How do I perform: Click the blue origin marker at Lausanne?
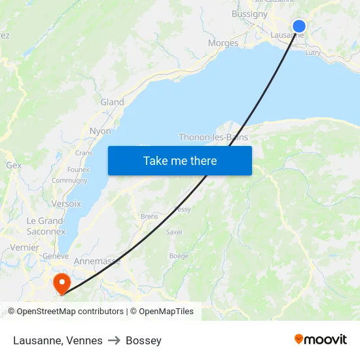pos(298,26)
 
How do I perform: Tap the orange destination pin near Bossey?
pos(62,283)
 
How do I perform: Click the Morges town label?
pos(223,43)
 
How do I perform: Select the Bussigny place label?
pos(249,14)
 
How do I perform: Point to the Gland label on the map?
pos(112,102)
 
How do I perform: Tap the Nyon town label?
pos(100,131)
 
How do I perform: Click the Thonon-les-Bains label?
pos(213,137)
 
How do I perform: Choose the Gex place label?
pos(14,166)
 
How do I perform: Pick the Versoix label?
pos(66,204)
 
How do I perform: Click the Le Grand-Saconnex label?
pos(46,226)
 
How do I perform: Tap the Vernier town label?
pos(24,247)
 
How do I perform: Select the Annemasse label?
pos(97,261)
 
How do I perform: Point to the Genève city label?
pos(55,256)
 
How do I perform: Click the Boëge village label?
pos(178,256)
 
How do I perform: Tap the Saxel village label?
pos(174,232)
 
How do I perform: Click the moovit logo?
pos(320,339)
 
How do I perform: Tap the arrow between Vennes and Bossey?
pos(114,340)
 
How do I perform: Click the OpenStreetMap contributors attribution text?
pos(65,312)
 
